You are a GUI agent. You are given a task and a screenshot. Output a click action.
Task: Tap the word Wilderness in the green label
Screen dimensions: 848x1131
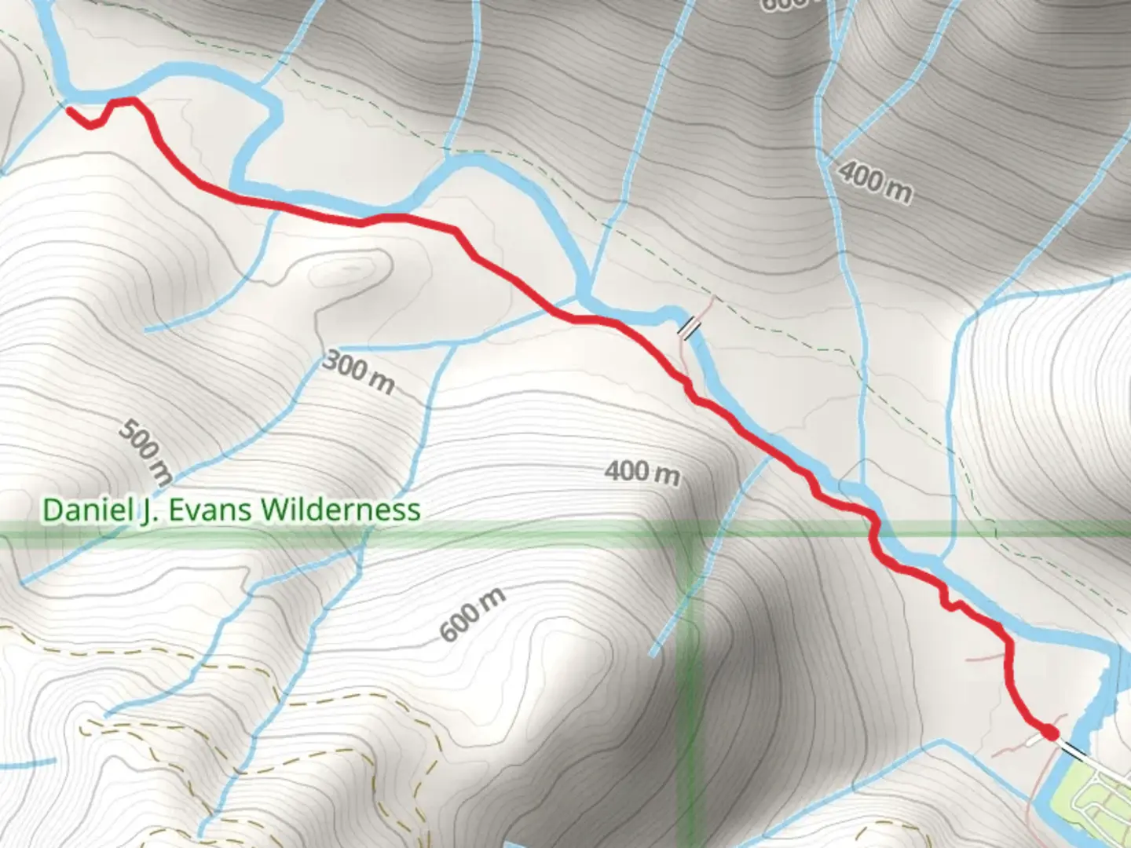(x=341, y=510)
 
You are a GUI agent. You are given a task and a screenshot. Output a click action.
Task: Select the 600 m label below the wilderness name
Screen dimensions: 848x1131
(x=472, y=615)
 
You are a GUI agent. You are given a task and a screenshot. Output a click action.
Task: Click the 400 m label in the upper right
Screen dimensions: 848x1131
(x=875, y=182)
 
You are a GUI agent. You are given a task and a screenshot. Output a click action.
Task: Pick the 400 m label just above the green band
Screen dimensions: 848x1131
(x=642, y=473)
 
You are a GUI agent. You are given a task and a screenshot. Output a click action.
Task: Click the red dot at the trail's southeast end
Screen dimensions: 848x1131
(x=1049, y=733)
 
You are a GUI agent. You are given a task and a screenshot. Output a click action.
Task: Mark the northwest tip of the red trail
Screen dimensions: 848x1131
(x=70, y=110)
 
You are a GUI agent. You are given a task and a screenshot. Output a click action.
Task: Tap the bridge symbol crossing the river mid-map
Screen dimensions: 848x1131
(x=689, y=327)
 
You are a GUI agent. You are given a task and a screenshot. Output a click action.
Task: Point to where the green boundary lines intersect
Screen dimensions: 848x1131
(x=689, y=533)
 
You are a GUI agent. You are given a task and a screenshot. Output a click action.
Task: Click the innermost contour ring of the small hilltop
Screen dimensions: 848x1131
(x=346, y=272)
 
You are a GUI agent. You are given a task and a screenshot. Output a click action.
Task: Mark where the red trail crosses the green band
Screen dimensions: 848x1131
(x=873, y=534)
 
